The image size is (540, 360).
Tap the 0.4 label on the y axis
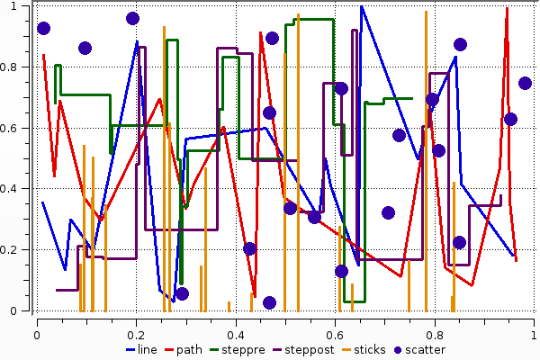point(19,189)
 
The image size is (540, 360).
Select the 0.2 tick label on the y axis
point(19,250)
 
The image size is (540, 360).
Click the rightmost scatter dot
point(525,84)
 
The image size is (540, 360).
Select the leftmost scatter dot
point(43,28)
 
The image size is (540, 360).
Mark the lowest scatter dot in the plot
point(269,302)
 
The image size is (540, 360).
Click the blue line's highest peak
point(361,6)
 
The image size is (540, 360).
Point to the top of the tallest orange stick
point(426,12)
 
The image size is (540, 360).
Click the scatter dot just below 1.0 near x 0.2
point(132,18)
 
